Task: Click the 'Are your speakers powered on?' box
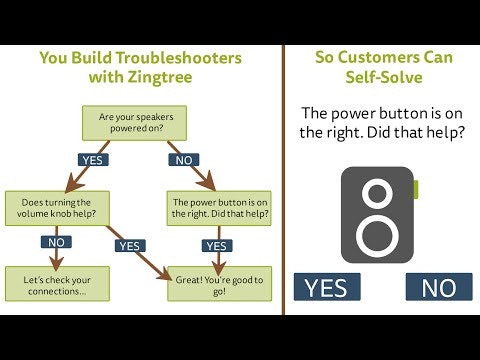pyautogui.click(x=134, y=123)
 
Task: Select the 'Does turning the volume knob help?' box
pyautogui.click(x=57, y=208)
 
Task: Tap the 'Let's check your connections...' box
pyautogui.click(x=57, y=284)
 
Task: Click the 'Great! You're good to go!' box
pyautogui.click(x=219, y=284)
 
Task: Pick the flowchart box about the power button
pyautogui.click(x=219, y=208)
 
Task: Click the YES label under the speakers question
pyautogui.click(x=93, y=160)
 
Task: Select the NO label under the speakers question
pyautogui.click(x=184, y=160)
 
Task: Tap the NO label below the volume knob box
pyautogui.click(x=56, y=242)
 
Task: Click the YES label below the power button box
pyautogui.click(x=217, y=246)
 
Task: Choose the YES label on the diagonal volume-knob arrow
pyautogui.click(x=130, y=246)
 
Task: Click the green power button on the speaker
pyautogui.click(x=416, y=189)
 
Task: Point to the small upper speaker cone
pyautogui.click(x=378, y=194)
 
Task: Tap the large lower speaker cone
pyautogui.click(x=377, y=236)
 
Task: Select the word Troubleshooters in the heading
pyautogui.click(x=179, y=58)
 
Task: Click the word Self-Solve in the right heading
pyautogui.click(x=384, y=77)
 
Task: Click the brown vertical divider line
pyautogui.click(x=283, y=180)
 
